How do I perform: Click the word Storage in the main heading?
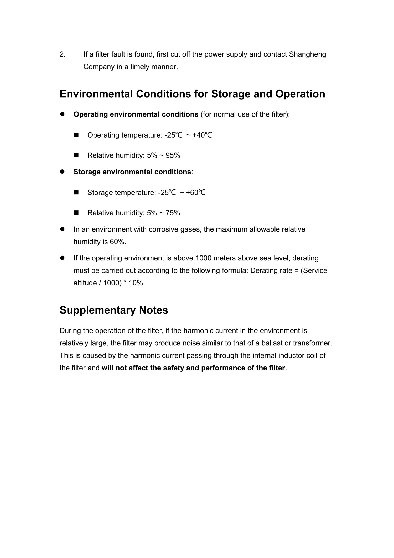click(x=231, y=94)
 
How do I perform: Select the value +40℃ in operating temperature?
click(x=202, y=135)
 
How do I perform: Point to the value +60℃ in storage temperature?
click(x=196, y=193)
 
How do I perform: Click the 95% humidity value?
click(x=173, y=155)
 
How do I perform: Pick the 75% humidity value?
click(x=173, y=213)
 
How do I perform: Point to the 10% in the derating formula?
click(x=136, y=283)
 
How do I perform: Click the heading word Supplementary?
click(x=97, y=310)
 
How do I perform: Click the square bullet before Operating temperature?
click(x=76, y=135)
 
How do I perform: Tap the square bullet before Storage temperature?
click(x=76, y=193)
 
